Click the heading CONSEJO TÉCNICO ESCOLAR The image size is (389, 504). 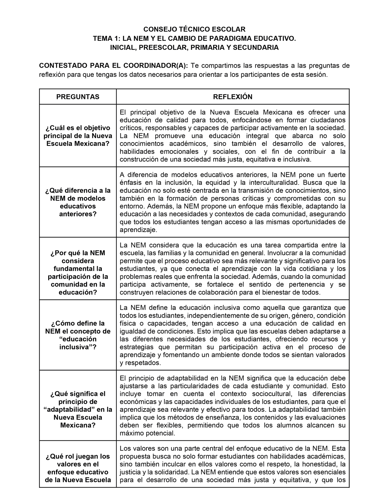[194, 29]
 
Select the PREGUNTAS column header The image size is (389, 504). [78, 97]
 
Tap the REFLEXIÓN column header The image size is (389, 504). [233, 97]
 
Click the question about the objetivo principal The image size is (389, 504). [78, 136]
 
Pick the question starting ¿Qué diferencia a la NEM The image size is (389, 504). [78, 202]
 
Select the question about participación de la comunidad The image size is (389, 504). [78, 272]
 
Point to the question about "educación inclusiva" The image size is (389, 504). [78, 335]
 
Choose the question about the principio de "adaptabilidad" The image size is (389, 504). [78, 409]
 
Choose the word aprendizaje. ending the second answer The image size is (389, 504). [138, 230]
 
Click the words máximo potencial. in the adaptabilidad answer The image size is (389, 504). [148, 433]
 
